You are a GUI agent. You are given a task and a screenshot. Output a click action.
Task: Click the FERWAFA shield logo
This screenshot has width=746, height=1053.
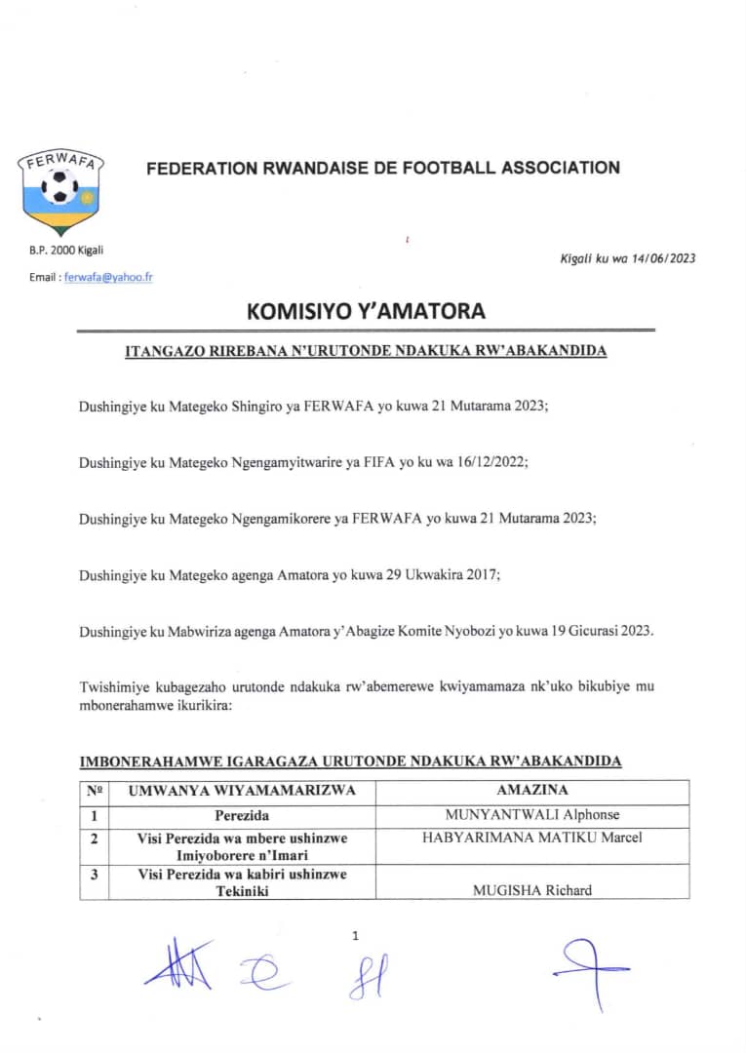point(61,192)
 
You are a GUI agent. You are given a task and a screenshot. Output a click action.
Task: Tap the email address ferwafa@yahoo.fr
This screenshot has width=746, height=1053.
point(108,277)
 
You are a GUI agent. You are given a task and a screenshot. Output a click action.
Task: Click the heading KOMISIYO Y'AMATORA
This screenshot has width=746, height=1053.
point(366,312)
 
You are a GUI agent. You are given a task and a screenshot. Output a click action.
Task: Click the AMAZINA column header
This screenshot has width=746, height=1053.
point(531,791)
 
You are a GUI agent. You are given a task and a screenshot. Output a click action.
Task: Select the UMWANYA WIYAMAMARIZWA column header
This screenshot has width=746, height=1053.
point(242,791)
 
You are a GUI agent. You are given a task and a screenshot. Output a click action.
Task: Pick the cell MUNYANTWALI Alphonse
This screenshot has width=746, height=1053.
point(531,815)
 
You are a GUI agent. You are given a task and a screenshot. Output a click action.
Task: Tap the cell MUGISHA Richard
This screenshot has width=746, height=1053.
point(531,890)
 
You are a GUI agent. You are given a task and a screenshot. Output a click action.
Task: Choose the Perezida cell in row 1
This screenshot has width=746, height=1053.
point(242,815)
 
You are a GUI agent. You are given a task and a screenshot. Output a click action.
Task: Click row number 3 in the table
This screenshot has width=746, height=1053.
point(94,875)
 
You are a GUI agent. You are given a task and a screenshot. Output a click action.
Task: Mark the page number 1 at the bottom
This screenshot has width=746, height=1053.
point(355,936)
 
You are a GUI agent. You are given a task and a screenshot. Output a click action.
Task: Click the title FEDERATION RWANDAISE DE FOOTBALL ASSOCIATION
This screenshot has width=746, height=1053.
point(382,168)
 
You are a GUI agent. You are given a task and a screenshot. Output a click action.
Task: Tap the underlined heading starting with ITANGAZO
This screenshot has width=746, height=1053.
point(366,351)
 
